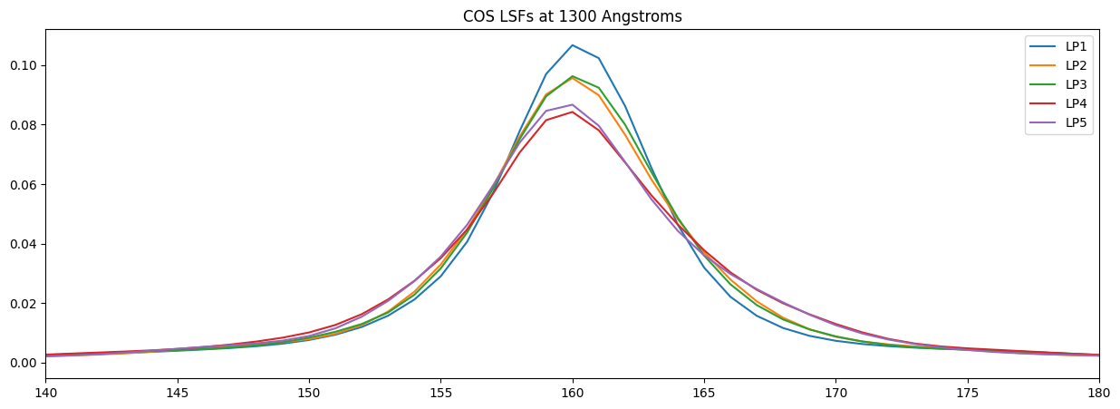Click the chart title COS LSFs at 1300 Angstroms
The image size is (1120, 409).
[572, 16]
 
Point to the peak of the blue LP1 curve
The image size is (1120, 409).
[572, 45]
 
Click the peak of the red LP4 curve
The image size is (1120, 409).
[572, 112]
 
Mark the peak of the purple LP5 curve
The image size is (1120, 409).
[572, 104]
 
